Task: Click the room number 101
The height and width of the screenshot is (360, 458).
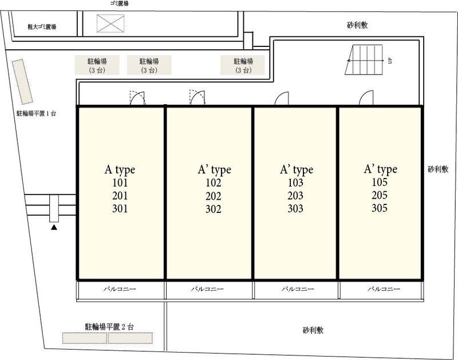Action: click(120, 183)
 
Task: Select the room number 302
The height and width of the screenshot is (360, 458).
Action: click(213, 209)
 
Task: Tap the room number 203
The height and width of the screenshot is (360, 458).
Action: click(295, 196)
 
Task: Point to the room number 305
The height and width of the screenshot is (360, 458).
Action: click(380, 208)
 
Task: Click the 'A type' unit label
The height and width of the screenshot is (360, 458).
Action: click(120, 170)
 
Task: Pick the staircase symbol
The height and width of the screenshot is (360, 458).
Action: click(364, 60)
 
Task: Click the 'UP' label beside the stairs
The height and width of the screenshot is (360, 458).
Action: click(390, 61)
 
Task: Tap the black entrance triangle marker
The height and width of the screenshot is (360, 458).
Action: click(54, 227)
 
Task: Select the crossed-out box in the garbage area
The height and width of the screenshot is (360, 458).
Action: click(110, 23)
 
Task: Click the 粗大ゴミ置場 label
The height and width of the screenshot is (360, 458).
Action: click(42, 27)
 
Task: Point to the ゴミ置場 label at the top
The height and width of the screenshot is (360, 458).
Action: click(119, 3)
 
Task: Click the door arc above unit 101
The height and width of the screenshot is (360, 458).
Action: click(137, 98)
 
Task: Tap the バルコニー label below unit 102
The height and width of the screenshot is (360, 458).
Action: click(207, 289)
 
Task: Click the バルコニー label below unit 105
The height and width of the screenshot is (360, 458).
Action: click(384, 289)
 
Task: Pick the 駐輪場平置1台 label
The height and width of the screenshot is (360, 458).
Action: click(36, 113)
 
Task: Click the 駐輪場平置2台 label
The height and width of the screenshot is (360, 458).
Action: click(109, 327)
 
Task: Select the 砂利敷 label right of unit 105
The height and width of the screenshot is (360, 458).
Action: click(438, 169)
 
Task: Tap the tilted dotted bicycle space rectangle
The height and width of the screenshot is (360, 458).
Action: click(22, 82)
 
